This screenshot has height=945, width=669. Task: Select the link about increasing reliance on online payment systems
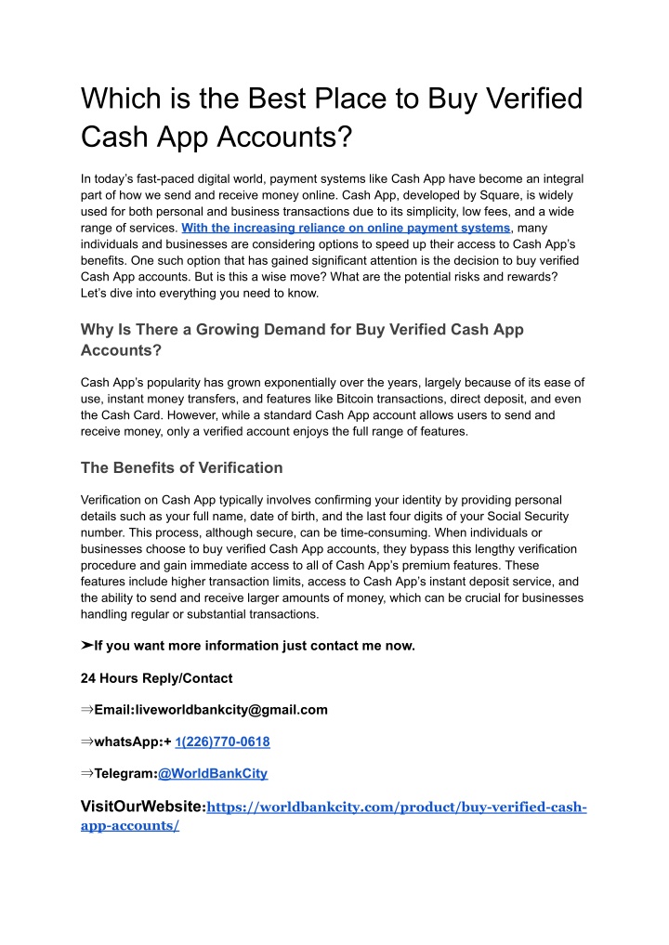pos(346,228)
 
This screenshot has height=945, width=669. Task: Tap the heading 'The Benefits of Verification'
pos(182,467)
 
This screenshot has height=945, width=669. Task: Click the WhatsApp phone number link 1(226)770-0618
pos(222,742)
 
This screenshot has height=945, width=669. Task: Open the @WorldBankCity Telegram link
pos(213,773)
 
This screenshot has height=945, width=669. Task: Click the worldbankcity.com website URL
pos(395,807)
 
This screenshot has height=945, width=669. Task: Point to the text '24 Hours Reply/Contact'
pos(157,677)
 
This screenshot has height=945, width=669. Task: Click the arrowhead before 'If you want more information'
pos(87,646)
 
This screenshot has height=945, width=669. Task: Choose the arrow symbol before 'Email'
pos(87,710)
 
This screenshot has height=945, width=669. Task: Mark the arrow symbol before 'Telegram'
pos(87,773)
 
